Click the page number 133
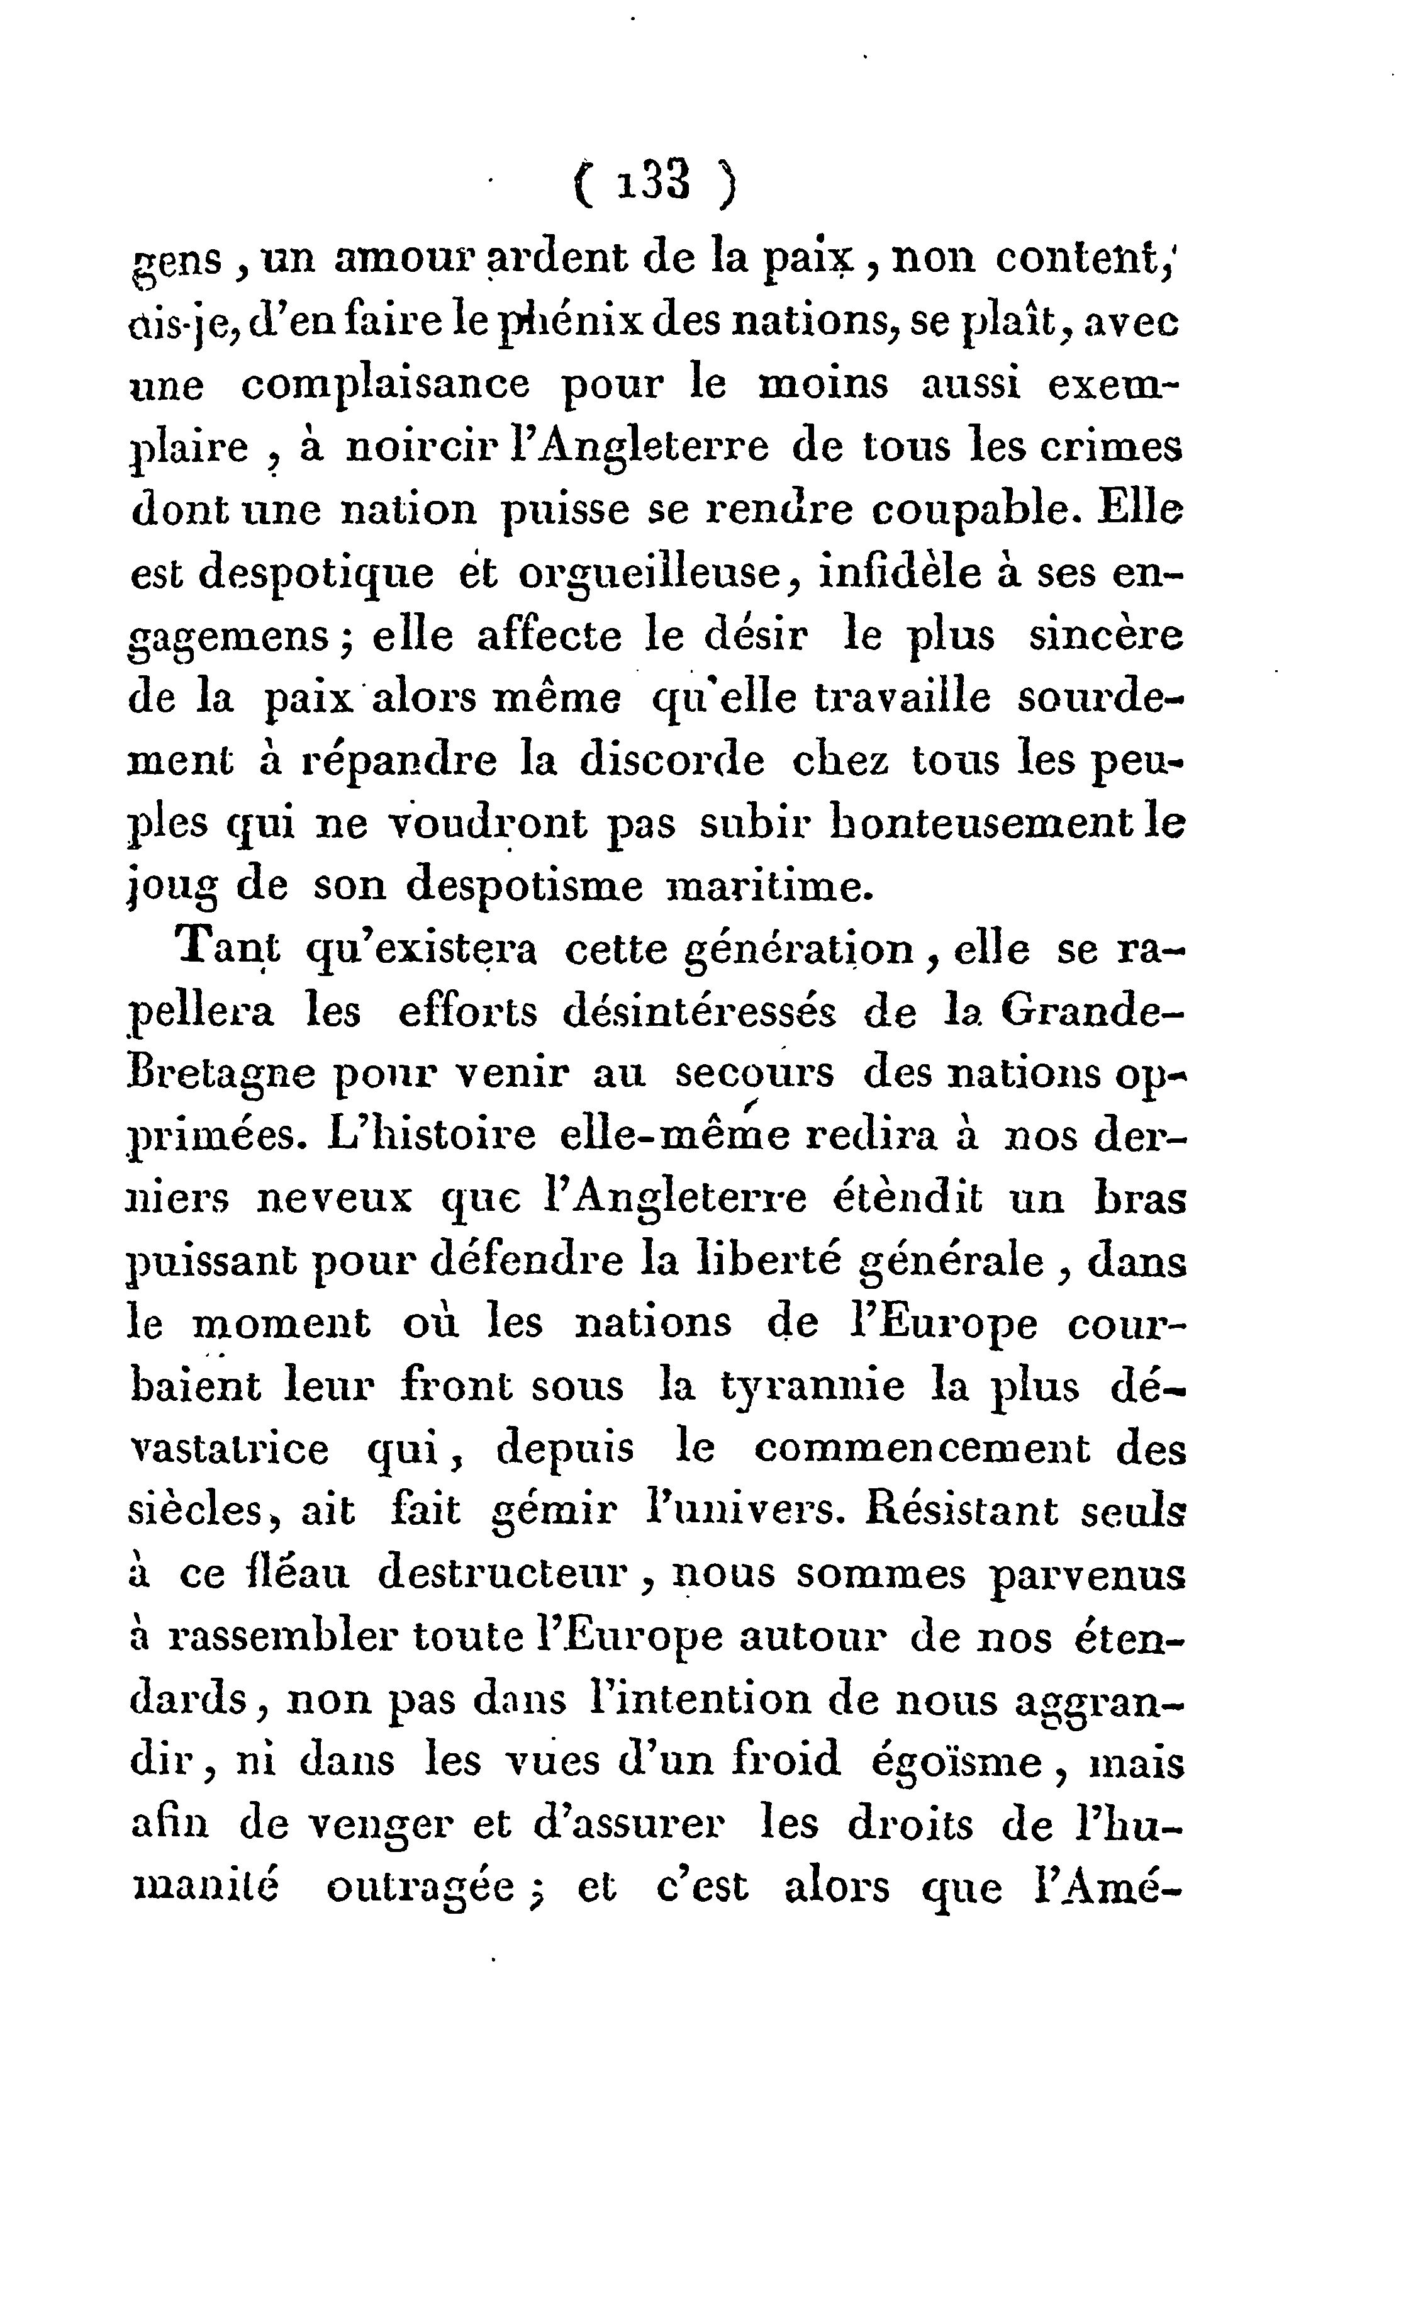click(653, 181)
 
